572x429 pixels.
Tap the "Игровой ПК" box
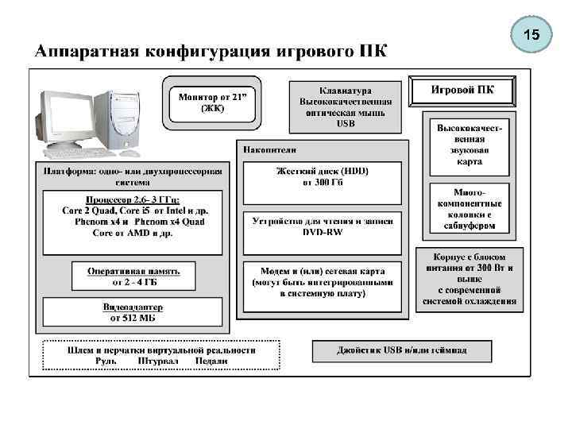click(462, 90)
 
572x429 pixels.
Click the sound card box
click(470, 145)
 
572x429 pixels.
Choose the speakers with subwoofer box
click(470, 209)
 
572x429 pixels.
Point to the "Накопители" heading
click(270, 149)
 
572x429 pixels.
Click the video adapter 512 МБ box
click(133, 311)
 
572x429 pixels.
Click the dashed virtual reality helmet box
click(161, 355)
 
